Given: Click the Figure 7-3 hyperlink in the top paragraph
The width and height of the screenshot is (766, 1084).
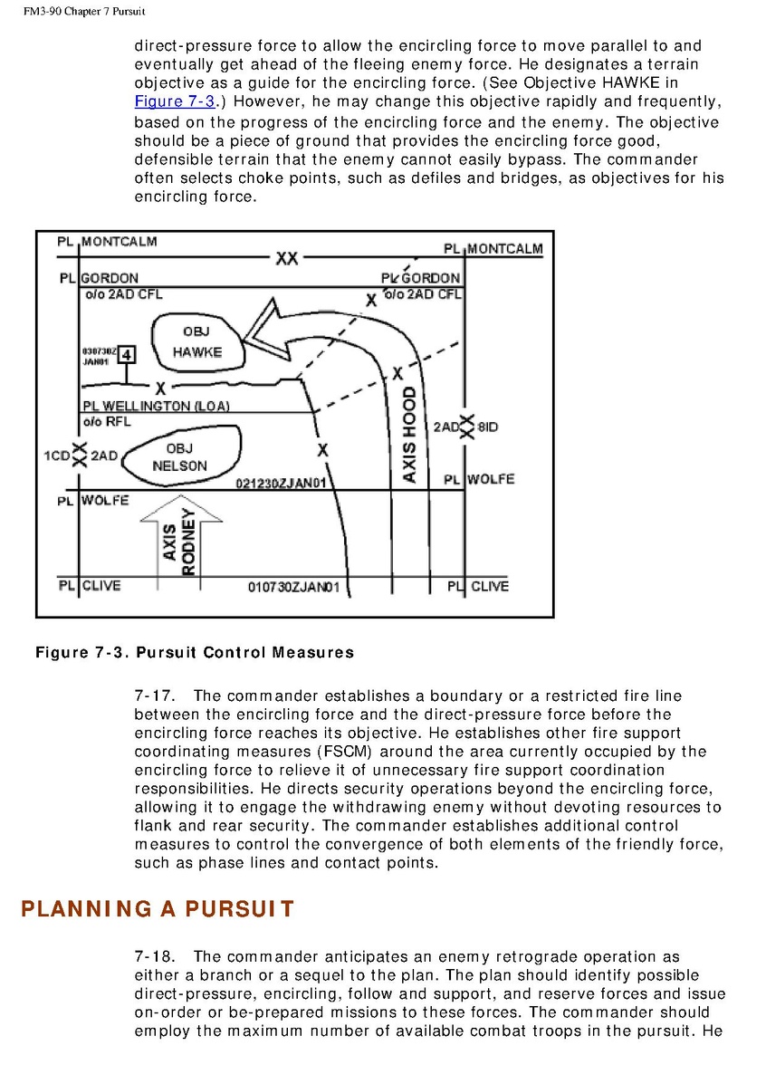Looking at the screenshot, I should [175, 101].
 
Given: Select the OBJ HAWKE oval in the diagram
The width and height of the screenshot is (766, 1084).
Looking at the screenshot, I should [196, 342].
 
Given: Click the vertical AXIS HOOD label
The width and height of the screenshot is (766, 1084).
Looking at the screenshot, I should [408, 435].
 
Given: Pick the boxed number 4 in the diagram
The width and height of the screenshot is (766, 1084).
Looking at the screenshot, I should [127, 354].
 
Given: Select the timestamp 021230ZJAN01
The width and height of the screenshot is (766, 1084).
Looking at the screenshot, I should [281, 483].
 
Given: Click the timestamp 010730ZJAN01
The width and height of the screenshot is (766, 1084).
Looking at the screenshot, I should [293, 588].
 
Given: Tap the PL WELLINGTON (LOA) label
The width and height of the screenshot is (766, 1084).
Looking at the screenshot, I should [156, 407].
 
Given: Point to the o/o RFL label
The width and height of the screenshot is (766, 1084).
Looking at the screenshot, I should [107, 421].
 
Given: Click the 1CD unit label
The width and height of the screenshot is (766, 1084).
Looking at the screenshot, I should [57, 456].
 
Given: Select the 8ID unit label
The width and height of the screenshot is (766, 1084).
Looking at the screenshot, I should [487, 427].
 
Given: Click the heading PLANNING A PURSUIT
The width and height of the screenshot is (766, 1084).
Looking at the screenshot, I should [158, 909].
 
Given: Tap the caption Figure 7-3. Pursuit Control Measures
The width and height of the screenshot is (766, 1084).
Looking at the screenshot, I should [195, 652].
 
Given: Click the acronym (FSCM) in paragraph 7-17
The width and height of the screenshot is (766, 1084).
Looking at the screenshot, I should [342, 752].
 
